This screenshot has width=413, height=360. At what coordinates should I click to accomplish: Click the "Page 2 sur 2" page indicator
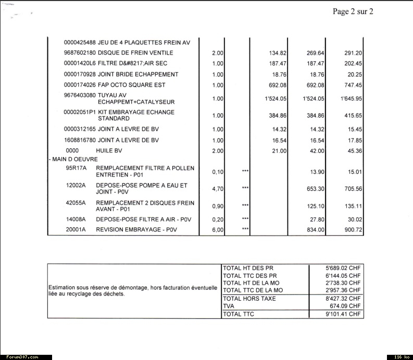tap(353, 11)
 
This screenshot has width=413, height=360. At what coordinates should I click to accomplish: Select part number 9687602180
tap(79, 53)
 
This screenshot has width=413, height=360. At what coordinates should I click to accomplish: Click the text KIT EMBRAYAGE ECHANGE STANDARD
tap(136, 115)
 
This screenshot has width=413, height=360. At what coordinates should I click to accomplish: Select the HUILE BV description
tap(109, 151)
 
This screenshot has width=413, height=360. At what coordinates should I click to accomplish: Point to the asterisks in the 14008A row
tap(245, 220)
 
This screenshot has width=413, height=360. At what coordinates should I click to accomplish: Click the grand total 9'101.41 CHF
tap(342, 314)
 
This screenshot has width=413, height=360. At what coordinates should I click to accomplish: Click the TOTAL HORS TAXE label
tap(249, 299)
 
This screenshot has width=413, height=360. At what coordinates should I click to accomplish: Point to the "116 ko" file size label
tap(400, 357)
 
